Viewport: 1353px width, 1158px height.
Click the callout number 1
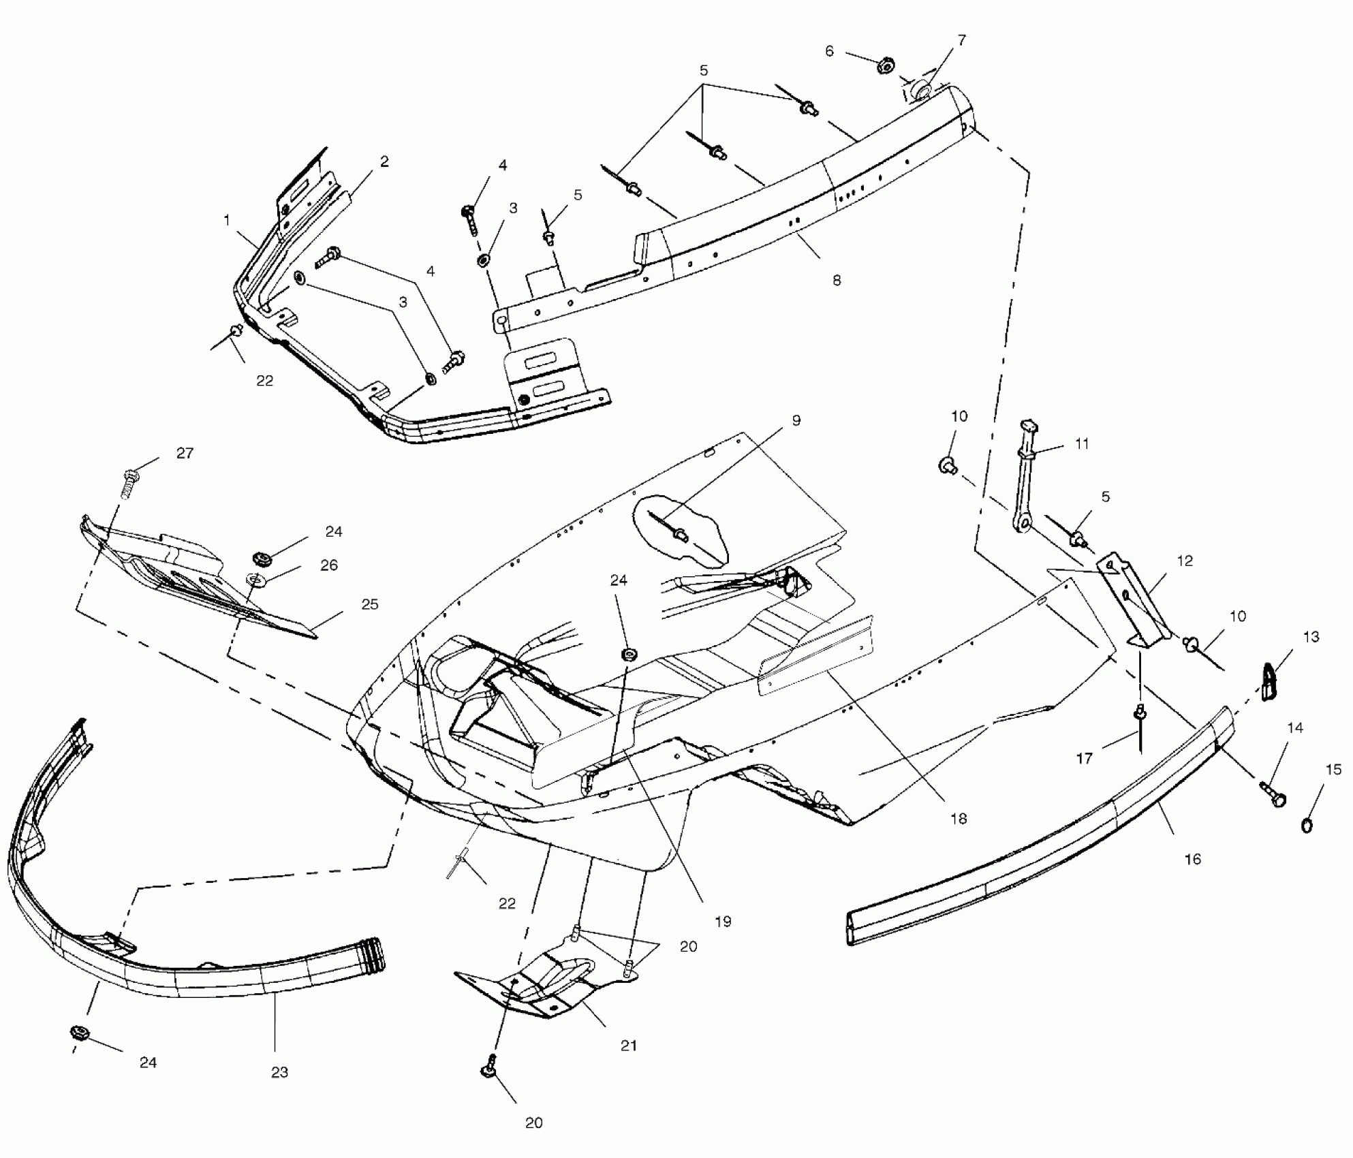pyautogui.click(x=227, y=221)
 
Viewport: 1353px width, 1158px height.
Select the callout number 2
pyautogui.click(x=384, y=161)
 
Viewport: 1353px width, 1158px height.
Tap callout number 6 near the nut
pyautogui.click(x=829, y=51)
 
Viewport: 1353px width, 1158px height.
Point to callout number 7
pyautogui.click(x=961, y=41)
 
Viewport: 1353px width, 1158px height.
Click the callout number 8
pyautogui.click(x=837, y=280)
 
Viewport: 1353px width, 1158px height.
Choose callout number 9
pyautogui.click(x=796, y=420)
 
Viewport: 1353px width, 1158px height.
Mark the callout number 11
pyautogui.click(x=1082, y=444)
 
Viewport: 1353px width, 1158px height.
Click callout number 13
pyautogui.click(x=1311, y=637)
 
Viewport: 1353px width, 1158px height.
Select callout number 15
pyautogui.click(x=1333, y=770)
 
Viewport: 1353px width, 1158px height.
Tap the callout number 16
pyautogui.click(x=1192, y=860)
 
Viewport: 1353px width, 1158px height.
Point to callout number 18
pyautogui.click(x=959, y=818)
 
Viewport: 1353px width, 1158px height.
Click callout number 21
pyautogui.click(x=628, y=1046)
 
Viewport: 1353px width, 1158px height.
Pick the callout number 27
pyautogui.click(x=185, y=453)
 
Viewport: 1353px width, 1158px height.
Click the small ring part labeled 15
pyautogui.click(x=1307, y=826)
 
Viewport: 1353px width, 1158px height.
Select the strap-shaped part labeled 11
pyautogui.click(x=1025, y=484)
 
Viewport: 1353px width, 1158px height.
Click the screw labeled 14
pyautogui.click(x=1273, y=796)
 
